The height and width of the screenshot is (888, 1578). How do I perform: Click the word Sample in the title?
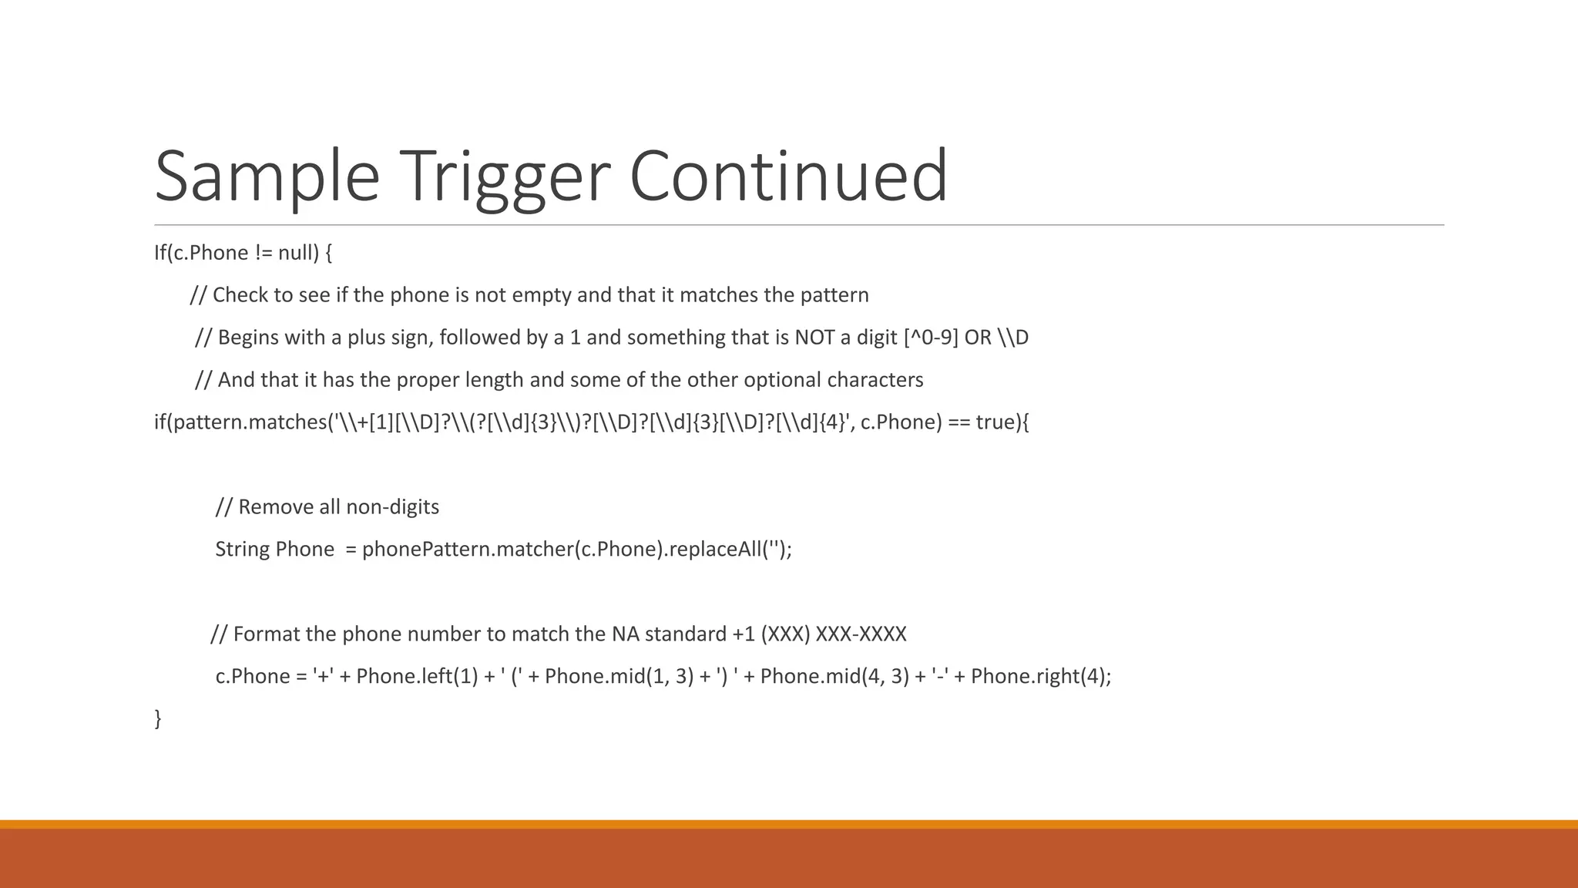pos(267,177)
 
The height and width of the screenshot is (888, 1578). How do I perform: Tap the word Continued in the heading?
pos(787,177)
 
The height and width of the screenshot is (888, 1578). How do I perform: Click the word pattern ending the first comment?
pos(834,295)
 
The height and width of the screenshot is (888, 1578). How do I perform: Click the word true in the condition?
pos(995,422)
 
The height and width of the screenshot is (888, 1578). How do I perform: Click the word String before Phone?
pos(242,550)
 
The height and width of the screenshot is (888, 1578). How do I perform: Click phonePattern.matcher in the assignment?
pos(468,550)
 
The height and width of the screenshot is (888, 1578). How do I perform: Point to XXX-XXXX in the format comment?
pos(861,634)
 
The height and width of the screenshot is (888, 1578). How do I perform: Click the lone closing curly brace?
pos(158,718)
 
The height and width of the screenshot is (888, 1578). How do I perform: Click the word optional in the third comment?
pos(782,380)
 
